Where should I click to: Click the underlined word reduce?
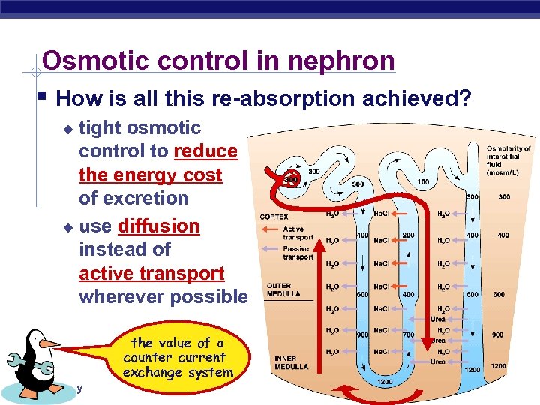(205, 151)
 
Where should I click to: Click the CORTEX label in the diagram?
(274, 217)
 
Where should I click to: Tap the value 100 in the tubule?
(424, 182)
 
